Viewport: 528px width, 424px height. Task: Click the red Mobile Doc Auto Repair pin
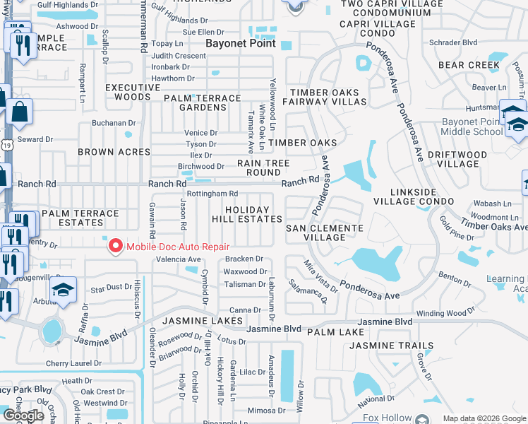tap(115, 247)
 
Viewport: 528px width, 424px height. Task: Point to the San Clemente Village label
tap(325, 233)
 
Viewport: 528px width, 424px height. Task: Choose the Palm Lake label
tap(335, 332)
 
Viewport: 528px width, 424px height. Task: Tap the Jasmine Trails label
tap(392, 346)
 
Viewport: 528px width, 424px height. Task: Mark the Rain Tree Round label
tap(263, 167)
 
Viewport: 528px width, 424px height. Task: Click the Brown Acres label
tap(114, 152)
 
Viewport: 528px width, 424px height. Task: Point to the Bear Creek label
tap(469, 65)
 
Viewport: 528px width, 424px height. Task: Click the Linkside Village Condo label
tap(423, 197)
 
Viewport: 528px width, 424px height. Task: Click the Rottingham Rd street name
tap(212, 194)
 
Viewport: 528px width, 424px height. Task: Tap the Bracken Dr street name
tap(244, 259)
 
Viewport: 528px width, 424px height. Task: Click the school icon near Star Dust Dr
tap(64, 290)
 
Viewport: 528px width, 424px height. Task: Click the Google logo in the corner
tap(23, 416)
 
